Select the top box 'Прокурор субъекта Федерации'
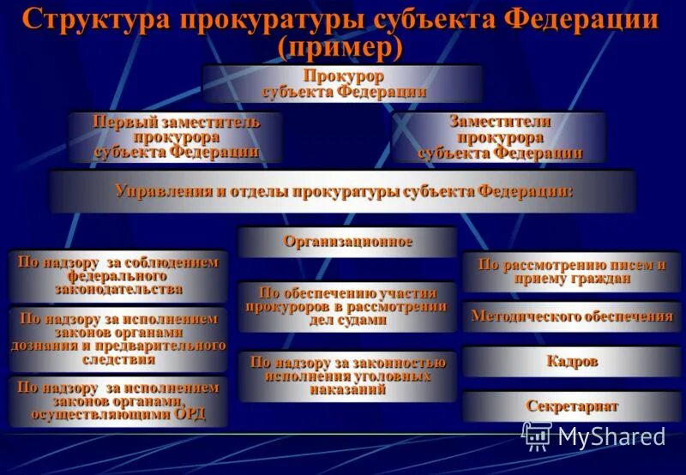pyautogui.click(x=343, y=83)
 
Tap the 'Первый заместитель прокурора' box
pyautogui.click(x=176, y=137)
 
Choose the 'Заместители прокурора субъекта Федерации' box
pyautogui.click(x=500, y=137)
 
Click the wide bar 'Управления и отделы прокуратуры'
pyautogui.click(x=343, y=190)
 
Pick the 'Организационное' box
pyautogui.click(x=347, y=242)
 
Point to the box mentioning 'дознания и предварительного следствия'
pyautogui.click(x=118, y=339)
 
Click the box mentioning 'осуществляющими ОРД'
pyautogui.click(x=118, y=401)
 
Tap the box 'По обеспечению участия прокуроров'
pyautogui.click(x=346, y=306)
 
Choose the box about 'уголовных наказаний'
pyautogui.click(x=347, y=376)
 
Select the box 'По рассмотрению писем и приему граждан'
pyautogui.click(x=571, y=272)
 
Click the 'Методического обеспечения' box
pyautogui.click(x=571, y=316)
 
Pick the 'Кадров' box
pyautogui.click(x=571, y=361)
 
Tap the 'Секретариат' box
pyautogui.click(x=571, y=406)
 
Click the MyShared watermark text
pyautogui.click(x=611, y=436)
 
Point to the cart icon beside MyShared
pyautogui.click(x=537, y=436)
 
